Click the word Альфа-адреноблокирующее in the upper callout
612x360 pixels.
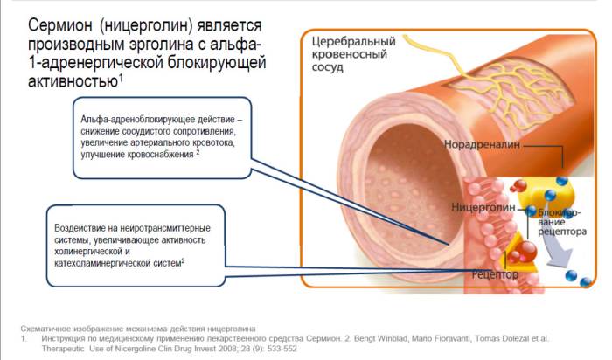click(x=129, y=118)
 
